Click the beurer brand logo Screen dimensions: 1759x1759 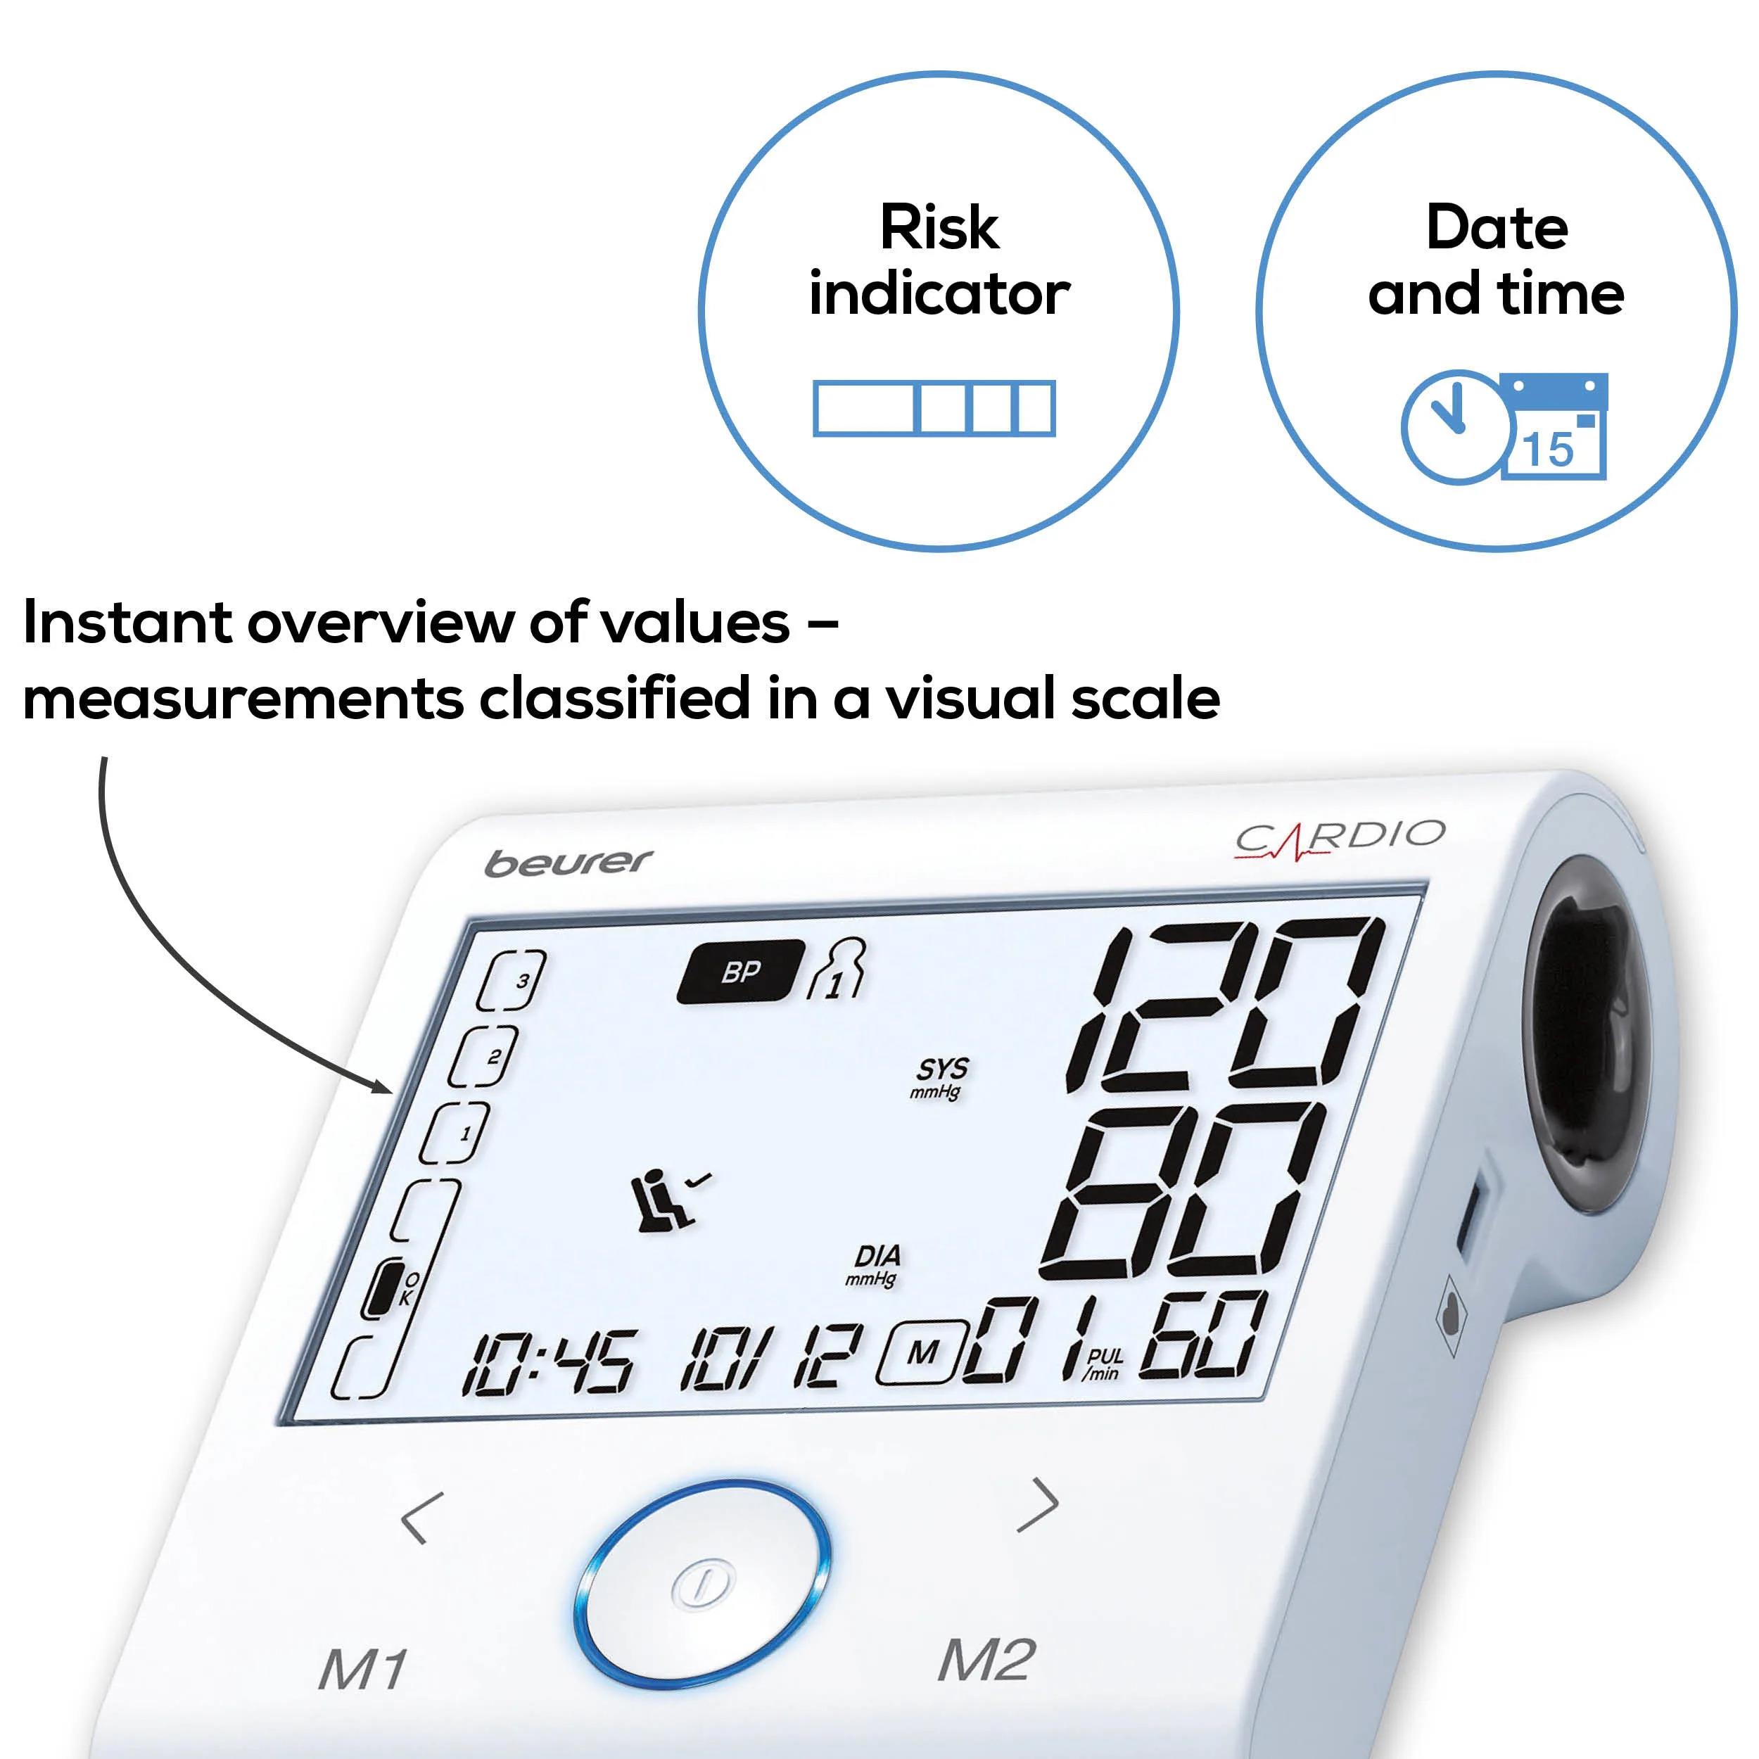coord(569,862)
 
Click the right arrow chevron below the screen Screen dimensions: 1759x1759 coord(1038,1505)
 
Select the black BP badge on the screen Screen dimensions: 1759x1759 coord(740,972)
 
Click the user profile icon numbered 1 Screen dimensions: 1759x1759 coord(837,969)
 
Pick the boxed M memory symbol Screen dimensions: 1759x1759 coord(920,1354)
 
